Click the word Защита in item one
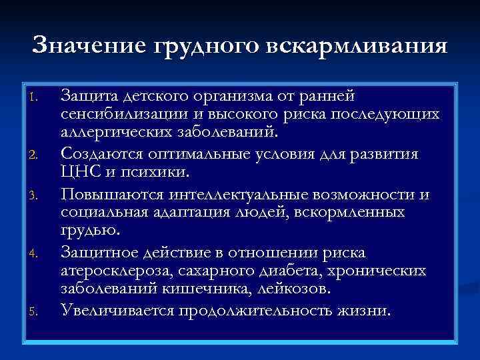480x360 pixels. [87, 97]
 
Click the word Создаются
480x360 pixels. [101, 154]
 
